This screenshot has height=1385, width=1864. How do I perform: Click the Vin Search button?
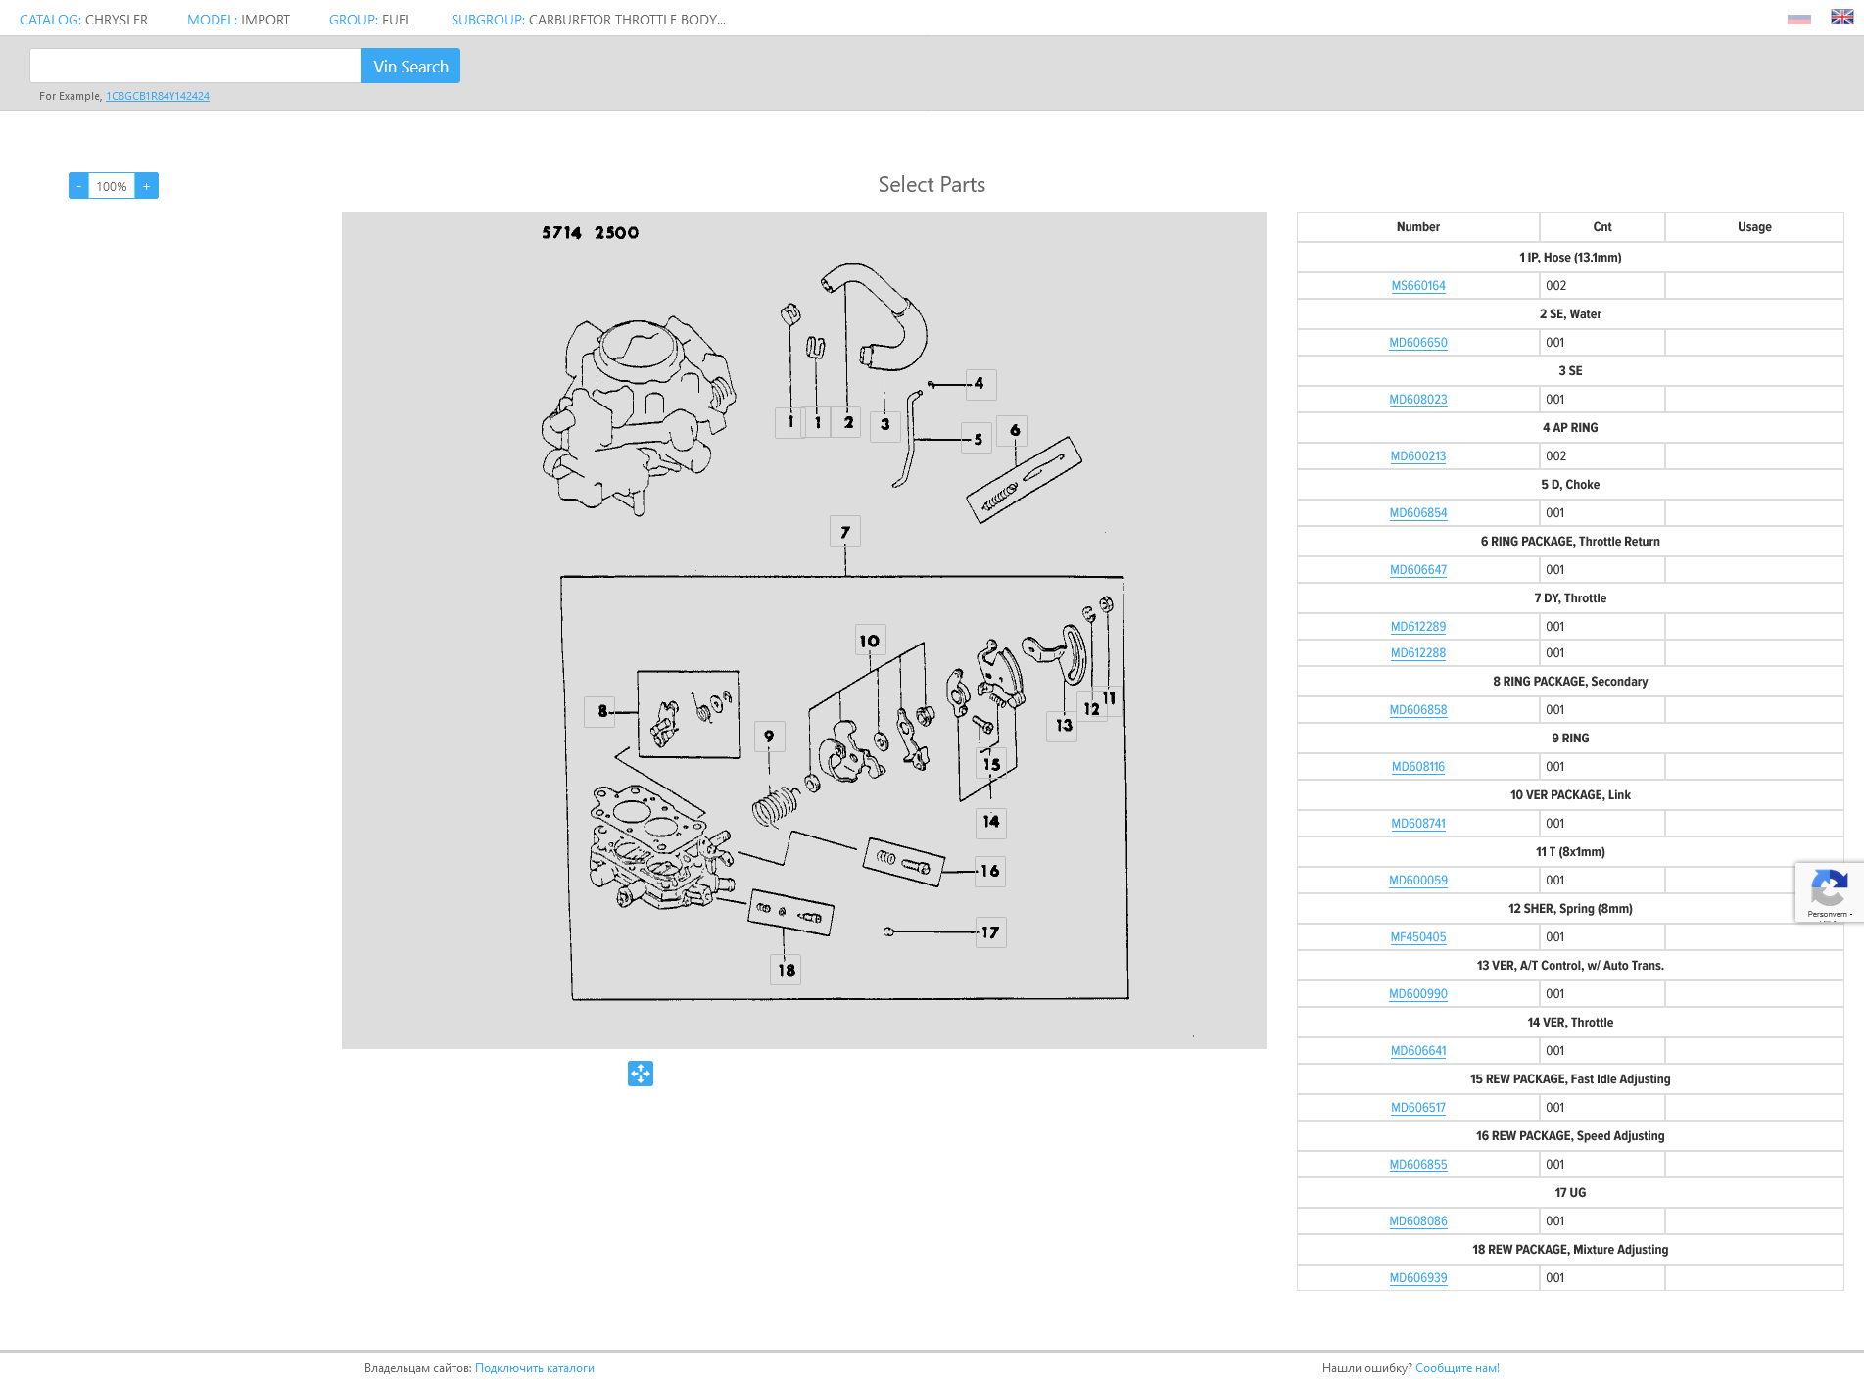410,66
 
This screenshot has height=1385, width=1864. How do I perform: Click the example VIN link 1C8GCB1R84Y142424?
158,96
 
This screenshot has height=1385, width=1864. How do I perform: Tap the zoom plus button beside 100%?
147,186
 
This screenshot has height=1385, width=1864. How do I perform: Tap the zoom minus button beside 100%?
79,186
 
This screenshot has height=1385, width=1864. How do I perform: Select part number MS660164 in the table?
1418,286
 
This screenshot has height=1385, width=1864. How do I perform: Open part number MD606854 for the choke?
1418,513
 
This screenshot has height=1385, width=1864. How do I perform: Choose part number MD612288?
1418,653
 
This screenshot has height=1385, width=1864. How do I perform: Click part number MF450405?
1418,937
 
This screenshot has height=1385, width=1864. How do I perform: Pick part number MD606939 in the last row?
1418,1278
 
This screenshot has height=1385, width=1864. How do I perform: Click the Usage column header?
1754,227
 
